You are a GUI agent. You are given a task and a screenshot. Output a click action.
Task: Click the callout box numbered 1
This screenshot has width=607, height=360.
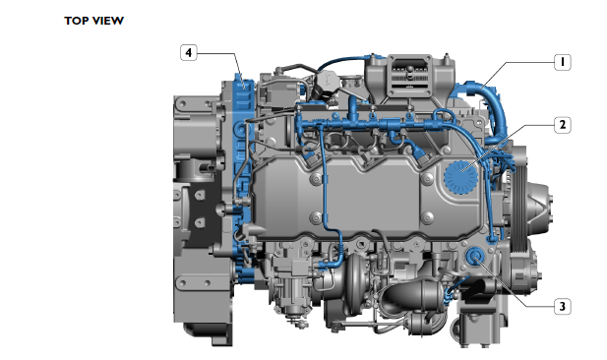click(x=562, y=61)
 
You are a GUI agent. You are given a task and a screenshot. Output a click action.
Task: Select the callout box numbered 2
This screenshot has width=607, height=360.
click(x=562, y=125)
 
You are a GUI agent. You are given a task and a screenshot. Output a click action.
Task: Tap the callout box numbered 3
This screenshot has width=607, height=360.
click(x=562, y=306)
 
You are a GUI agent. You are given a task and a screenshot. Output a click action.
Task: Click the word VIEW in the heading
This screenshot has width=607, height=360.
click(x=109, y=20)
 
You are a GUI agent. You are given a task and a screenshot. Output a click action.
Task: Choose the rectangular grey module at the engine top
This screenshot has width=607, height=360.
click(x=404, y=77)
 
